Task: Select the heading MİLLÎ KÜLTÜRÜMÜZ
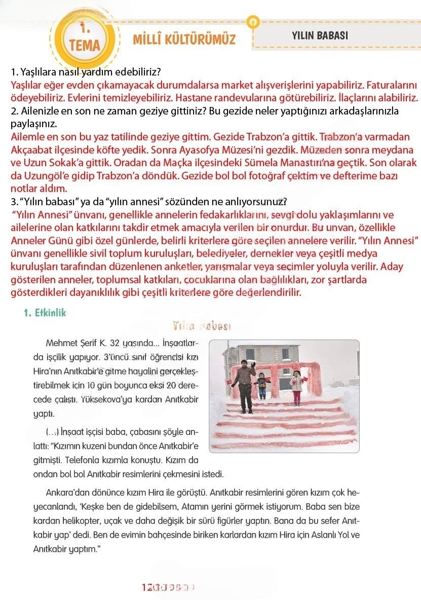click(x=184, y=39)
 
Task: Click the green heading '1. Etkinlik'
click(x=45, y=313)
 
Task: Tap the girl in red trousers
click(x=296, y=388)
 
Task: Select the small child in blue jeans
click(x=262, y=387)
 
